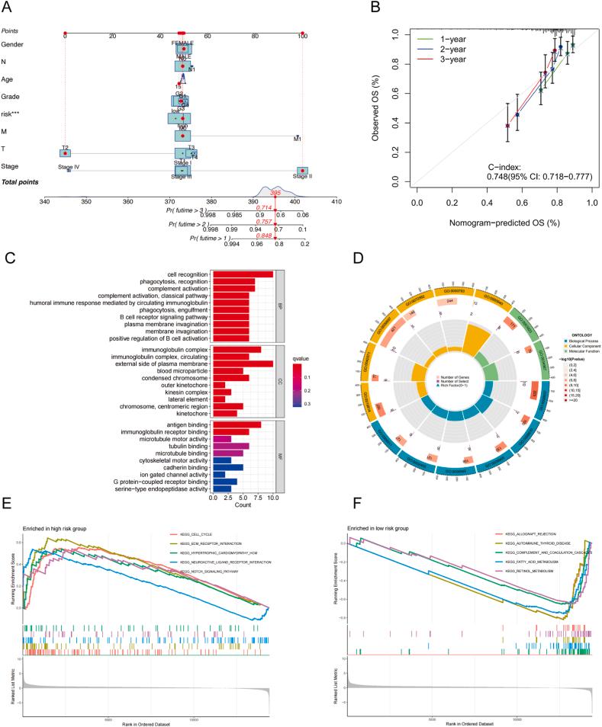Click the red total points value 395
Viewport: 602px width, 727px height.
pyautogui.click(x=276, y=195)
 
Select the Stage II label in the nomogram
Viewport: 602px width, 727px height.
pyautogui.click(x=303, y=176)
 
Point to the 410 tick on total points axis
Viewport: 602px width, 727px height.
pyautogui.click(x=336, y=202)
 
